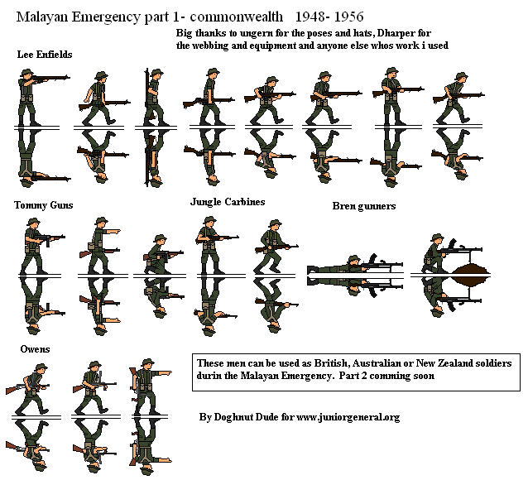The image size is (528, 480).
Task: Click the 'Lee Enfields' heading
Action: [45, 55]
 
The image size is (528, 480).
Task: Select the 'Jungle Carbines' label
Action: [227, 201]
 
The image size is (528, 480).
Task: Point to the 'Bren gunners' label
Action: [364, 205]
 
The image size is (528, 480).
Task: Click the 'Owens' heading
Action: [35, 349]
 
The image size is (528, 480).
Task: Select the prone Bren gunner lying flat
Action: [352, 266]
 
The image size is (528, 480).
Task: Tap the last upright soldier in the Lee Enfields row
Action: [451, 99]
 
